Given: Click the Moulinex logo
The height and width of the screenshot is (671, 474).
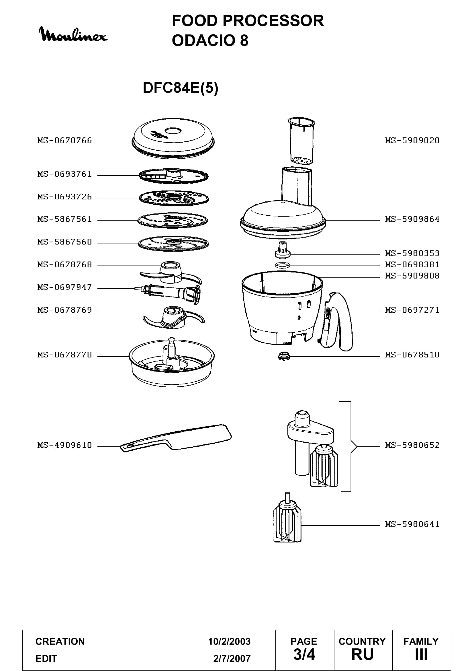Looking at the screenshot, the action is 73,34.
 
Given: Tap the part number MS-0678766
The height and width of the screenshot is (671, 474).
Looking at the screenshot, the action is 64,141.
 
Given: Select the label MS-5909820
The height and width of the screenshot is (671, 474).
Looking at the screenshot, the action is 412,141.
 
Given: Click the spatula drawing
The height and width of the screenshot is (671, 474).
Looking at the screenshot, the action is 176,438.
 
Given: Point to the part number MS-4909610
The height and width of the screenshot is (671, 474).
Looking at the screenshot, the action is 64,445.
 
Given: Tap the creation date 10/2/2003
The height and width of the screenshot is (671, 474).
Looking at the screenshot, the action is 229,641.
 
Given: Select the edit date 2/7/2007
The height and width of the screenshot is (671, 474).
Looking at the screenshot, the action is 232,658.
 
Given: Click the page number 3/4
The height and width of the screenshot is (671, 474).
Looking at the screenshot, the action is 304,654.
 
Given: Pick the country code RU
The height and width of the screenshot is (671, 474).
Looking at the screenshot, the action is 363,654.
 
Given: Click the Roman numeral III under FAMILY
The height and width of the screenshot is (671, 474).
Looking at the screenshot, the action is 421,654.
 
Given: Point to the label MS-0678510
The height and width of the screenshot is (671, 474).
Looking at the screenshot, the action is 412,355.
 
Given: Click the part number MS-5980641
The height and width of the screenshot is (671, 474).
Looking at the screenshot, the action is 412,524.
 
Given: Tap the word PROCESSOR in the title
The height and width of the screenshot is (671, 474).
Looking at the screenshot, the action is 273,21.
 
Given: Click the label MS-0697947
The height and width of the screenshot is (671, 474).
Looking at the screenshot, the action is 64,287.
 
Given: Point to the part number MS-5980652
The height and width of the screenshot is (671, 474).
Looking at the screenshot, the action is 412,445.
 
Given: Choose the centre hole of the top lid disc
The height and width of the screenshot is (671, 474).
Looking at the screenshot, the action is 173,130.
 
